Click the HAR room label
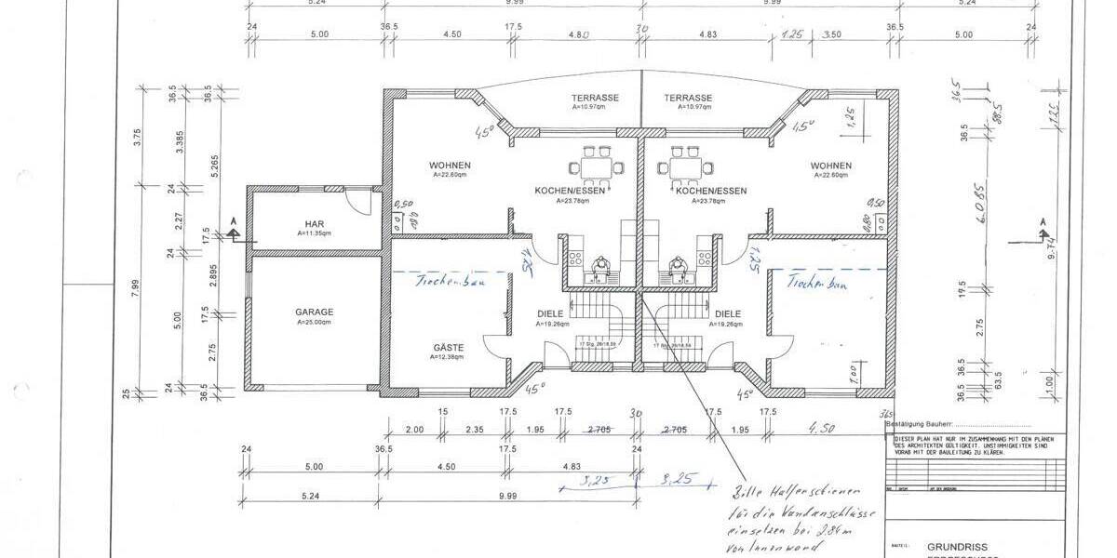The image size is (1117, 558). coord(313,223)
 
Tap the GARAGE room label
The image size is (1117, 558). coord(315,312)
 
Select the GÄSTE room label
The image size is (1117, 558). coord(448,348)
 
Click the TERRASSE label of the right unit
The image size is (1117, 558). coord(688,98)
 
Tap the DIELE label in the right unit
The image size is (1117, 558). coord(727,314)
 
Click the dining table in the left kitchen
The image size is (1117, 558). coord(596,167)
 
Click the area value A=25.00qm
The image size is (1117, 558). coord(315,322)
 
